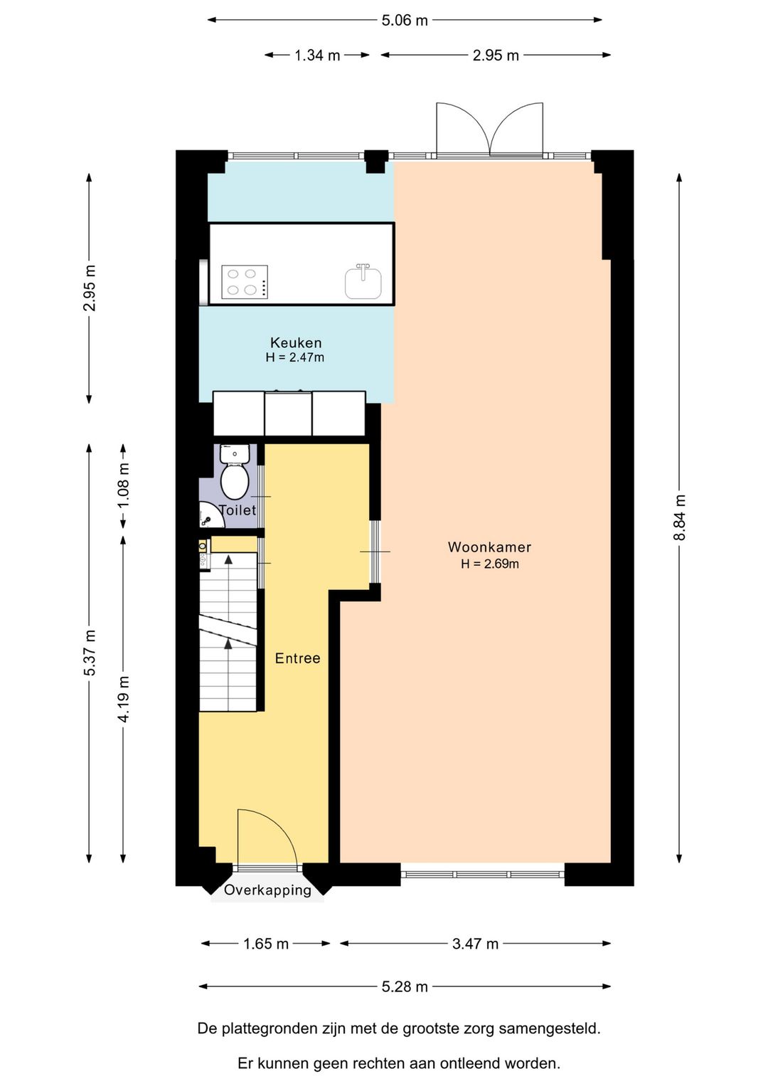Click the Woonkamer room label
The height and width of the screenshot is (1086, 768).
point(489,547)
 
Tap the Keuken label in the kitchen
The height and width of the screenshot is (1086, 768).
point(296,343)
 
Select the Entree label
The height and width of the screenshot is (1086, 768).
point(297,658)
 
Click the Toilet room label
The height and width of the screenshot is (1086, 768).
point(238,510)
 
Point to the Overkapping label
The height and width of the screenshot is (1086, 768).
point(267,890)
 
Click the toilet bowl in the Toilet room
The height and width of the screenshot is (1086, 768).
point(235,481)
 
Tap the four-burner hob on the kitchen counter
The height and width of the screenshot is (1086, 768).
point(245,282)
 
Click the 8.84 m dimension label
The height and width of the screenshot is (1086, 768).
point(680,517)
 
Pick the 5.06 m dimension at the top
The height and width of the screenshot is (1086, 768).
point(405,21)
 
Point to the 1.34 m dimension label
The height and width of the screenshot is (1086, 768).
point(317,56)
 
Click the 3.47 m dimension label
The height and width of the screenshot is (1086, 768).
point(475,944)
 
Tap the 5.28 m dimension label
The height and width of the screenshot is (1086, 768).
point(405,986)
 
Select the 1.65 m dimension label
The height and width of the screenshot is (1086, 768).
point(265,944)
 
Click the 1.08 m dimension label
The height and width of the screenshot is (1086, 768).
point(124,485)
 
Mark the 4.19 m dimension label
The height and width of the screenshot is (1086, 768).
point(124,699)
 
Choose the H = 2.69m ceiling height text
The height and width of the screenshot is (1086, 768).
point(490,564)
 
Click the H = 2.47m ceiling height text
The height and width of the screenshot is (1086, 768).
point(295,358)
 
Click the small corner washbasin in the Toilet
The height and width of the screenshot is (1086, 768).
point(210,515)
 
